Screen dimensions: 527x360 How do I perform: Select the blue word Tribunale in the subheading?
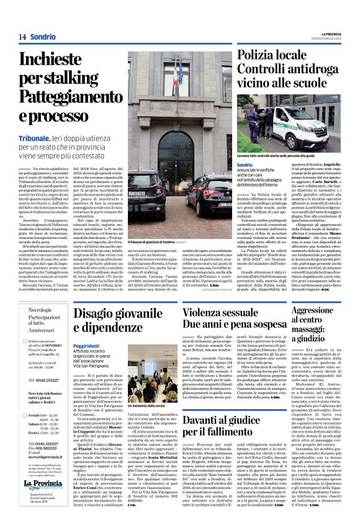tap(34, 137)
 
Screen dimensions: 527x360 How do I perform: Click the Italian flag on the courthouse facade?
tap(176, 72)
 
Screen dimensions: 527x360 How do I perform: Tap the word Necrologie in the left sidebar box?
tap(41, 309)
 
